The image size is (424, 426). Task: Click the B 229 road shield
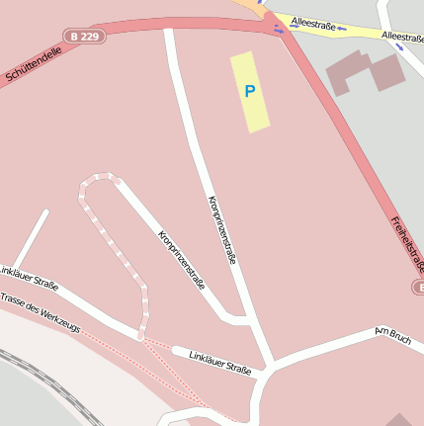pos(84,36)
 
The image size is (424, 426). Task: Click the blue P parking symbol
pos(250,91)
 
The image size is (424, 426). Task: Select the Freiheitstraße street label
pos(406,243)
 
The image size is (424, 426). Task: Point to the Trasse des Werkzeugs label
pos(40,311)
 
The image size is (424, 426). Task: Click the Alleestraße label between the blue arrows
pos(311,21)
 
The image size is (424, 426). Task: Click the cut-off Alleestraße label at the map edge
pos(402,38)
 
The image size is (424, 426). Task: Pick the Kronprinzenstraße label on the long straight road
pos(222,229)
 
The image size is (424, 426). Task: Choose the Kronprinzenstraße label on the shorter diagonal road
pos(181,259)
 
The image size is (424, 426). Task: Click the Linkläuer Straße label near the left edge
pos(28,278)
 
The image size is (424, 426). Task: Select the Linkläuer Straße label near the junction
pos(219,363)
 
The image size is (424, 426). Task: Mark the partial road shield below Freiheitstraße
pos(417,287)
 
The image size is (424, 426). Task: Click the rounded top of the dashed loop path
pos(99,179)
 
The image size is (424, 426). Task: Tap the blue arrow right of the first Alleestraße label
pos(341,28)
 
